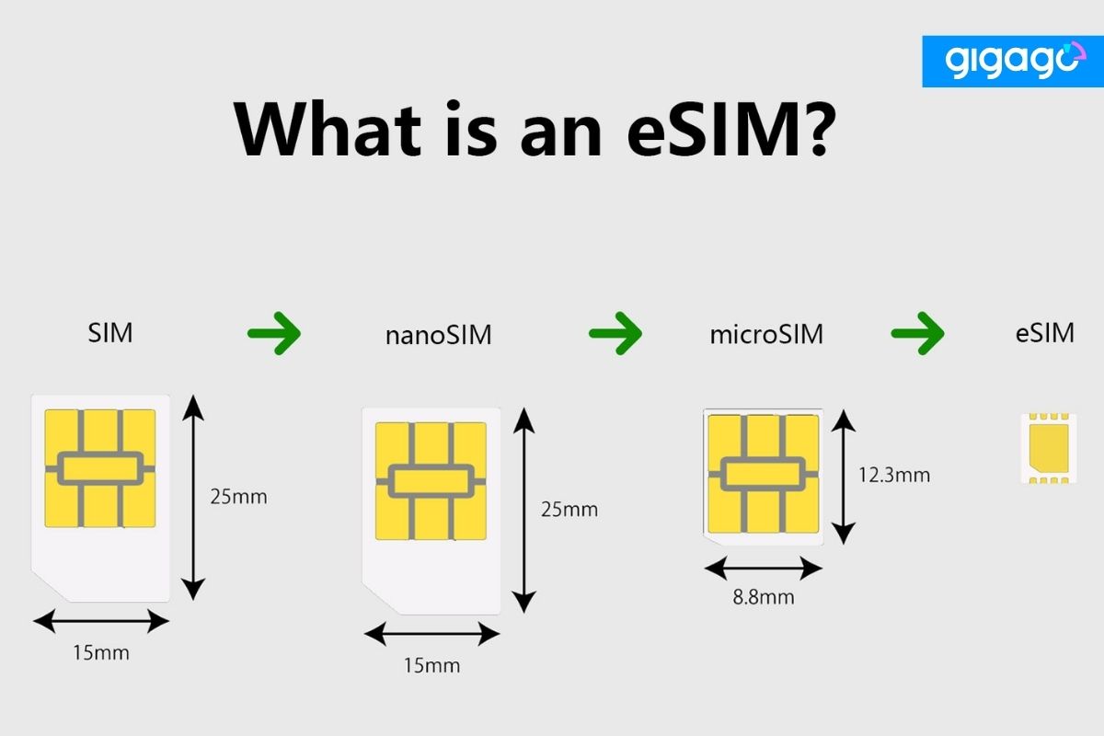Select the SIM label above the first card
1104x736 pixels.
coord(110,332)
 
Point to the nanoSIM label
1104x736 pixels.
coord(438,335)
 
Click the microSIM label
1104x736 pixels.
coord(766,334)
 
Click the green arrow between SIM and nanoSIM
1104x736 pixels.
coord(274,332)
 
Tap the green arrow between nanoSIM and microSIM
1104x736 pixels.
coord(615,332)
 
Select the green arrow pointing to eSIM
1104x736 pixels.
coord(917,332)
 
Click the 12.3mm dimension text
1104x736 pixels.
coord(893,475)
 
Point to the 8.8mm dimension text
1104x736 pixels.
coord(763,597)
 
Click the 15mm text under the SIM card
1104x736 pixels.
coord(100,653)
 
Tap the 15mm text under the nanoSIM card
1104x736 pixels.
coord(431,664)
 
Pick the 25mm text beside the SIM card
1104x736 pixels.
coord(238,497)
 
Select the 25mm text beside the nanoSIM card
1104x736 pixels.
coord(569,509)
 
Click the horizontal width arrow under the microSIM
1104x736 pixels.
coord(763,568)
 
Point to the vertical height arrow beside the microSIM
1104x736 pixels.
coord(843,476)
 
